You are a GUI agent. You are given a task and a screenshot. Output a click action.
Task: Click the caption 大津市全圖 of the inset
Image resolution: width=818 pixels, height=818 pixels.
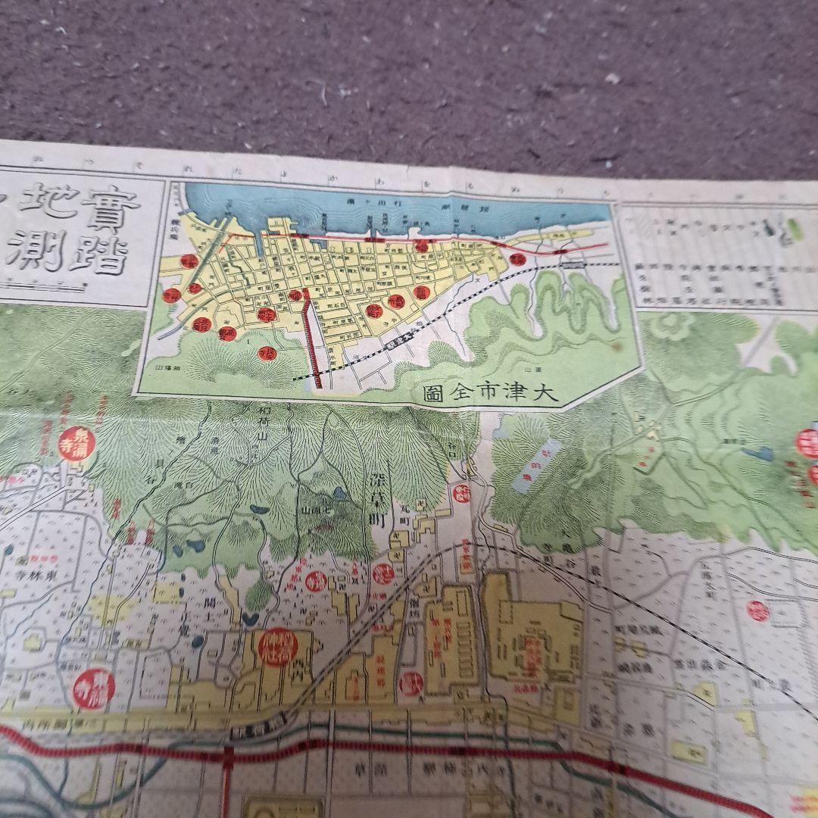(489, 392)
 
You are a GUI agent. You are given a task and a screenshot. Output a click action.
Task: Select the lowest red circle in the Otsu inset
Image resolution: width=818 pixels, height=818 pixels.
(270, 352)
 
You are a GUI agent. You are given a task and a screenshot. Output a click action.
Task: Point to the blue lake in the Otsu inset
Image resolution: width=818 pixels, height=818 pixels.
(394, 208)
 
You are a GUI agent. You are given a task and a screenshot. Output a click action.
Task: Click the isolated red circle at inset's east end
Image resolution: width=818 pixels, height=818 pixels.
(517, 260)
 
